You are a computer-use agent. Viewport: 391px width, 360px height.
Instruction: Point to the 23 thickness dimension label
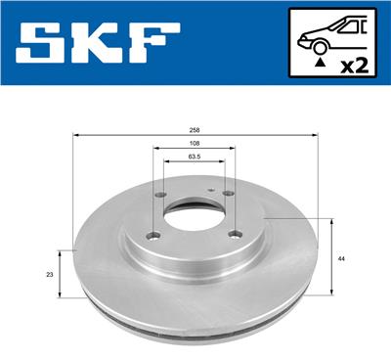[50, 274]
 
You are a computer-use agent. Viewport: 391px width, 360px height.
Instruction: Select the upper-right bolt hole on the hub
[228, 194]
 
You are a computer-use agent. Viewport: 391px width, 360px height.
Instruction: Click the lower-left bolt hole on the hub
[152, 234]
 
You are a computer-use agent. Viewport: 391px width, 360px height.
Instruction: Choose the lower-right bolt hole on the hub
[233, 233]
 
